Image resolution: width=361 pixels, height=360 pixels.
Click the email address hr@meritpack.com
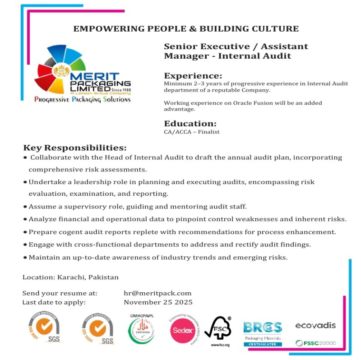click(157, 293)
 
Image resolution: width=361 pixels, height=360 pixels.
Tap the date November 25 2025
click(158, 302)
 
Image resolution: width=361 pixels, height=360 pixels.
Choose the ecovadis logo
click(315, 326)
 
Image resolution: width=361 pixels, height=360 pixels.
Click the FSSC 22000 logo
click(315, 343)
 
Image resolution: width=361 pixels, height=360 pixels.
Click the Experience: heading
click(193, 76)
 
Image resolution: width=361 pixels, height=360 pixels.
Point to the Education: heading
click(190, 124)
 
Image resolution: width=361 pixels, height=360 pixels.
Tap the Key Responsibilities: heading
click(75, 148)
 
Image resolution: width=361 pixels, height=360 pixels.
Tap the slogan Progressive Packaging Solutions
click(82, 99)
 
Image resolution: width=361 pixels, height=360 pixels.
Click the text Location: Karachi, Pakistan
click(70, 277)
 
